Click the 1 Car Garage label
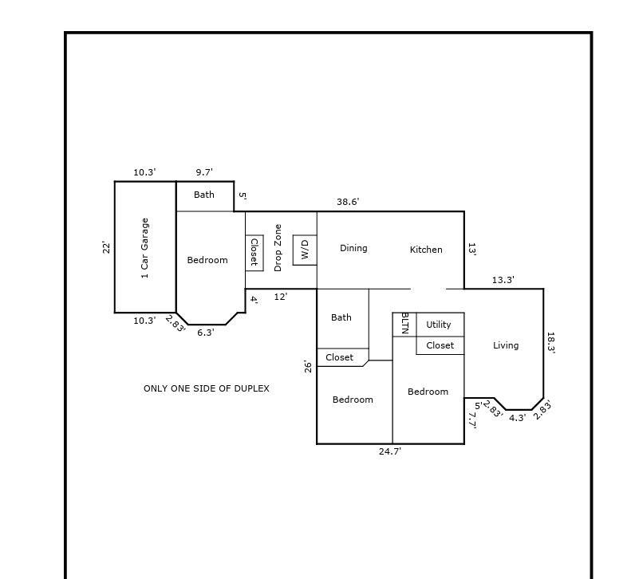145,248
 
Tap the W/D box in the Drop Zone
305,250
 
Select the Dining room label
353,248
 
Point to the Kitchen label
426,250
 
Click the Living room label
506,345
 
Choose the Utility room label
439,325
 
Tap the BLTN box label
404,323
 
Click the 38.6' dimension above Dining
348,202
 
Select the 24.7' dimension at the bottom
390,451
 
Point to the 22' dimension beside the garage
106,247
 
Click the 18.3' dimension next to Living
550,343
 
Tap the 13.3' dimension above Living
503,280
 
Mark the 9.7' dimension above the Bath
204,172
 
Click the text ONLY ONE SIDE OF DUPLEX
207,388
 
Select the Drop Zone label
278,248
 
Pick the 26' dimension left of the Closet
308,367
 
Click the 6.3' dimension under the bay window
206,333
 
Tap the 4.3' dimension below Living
518,418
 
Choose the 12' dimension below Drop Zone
281,297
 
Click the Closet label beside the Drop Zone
254,252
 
